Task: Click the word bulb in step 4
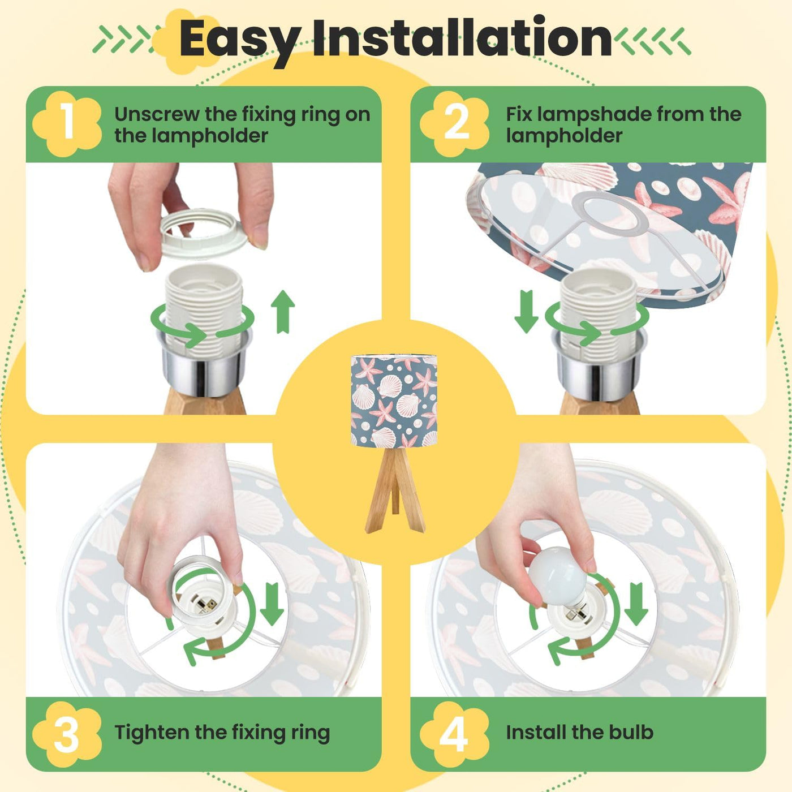coord(631,732)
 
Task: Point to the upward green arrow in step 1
coord(283,311)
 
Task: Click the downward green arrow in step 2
coord(527,311)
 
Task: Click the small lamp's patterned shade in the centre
coord(394,402)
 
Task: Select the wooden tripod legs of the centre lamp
coord(395,490)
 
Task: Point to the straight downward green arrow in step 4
coord(636,604)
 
